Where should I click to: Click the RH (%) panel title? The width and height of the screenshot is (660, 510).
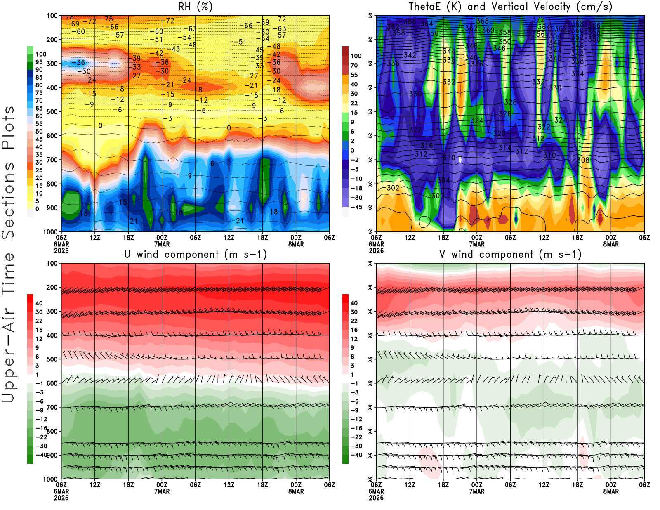[x=196, y=7]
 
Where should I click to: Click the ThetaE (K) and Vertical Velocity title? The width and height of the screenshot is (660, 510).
[x=510, y=7]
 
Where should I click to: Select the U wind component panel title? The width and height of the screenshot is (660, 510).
[x=196, y=254]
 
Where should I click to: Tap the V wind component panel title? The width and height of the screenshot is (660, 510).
[x=510, y=254]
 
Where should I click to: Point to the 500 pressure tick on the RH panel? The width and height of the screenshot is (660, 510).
[x=52, y=111]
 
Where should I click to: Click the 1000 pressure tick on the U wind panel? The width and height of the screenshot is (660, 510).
[x=50, y=479]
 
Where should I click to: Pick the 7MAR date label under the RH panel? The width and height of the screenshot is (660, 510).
[x=162, y=244]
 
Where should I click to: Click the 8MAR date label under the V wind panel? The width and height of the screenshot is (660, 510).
[x=611, y=491]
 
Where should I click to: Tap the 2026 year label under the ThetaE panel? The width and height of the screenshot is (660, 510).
[x=376, y=250]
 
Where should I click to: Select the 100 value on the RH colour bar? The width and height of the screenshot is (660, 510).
[x=41, y=54]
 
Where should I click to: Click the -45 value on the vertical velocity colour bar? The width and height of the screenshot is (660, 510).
[x=356, y=207]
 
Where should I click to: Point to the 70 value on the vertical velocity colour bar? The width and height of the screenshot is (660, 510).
[x=354, y=65]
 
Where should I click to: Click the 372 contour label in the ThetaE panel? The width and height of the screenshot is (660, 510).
[x=538, y=19]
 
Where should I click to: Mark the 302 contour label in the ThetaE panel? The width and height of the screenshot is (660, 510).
[x=393, y=188]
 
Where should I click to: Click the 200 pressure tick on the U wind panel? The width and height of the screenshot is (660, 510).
[x=52, y=287]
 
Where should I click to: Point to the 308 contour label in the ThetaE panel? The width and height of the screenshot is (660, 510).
[x=583, y=160]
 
